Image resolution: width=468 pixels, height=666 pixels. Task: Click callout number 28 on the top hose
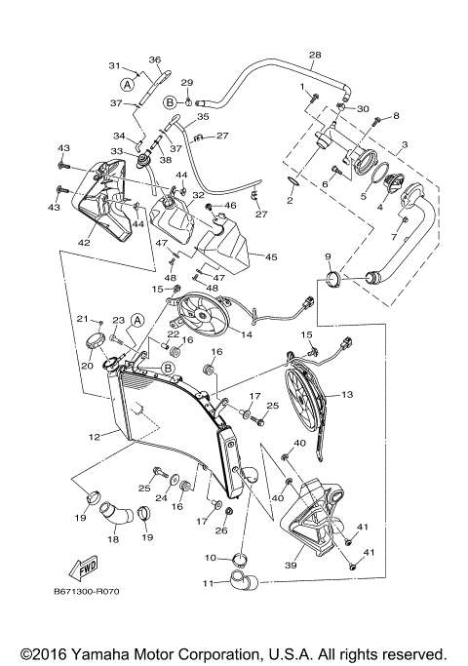click(x=314, y=55)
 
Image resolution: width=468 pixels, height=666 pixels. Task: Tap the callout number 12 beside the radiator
click(x=94, y=438)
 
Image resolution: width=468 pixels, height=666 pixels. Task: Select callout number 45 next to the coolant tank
click(x=269, y=257)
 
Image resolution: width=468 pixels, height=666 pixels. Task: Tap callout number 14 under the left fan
click(x=247, y=334)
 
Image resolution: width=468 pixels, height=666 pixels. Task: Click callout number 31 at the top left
click(x=113, y=66)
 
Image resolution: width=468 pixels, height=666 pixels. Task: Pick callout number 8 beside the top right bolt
click(x=396, y=117)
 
